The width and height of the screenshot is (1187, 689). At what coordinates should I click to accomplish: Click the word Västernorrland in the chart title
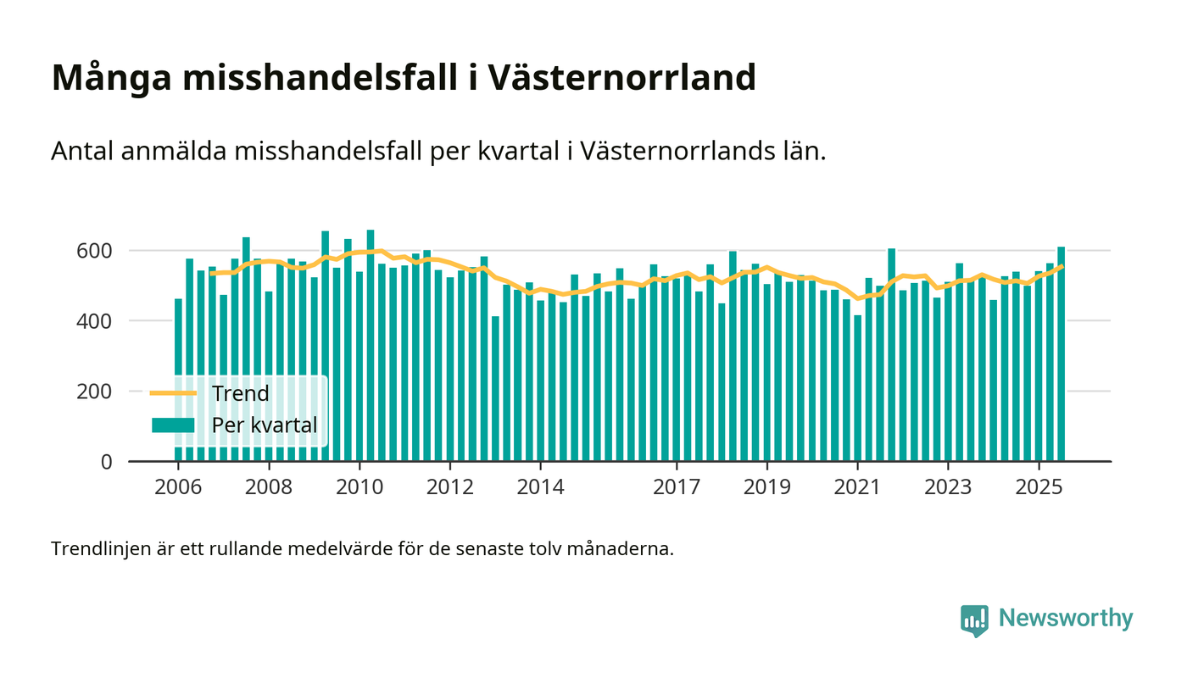click(x=622, y=78)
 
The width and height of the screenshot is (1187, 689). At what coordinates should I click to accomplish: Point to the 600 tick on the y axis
click(x=94, y=251)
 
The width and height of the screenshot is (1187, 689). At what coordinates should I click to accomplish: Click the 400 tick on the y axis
click(x=94, y=321)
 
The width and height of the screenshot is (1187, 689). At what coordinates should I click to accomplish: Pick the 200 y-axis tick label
click(x=94, y=392)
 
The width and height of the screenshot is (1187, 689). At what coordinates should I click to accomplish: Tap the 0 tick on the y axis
click(x=105, y=462)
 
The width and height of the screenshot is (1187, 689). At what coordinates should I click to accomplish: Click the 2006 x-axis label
click(x=178, y=488)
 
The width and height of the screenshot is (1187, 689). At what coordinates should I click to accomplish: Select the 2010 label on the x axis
click(x=359, y=488)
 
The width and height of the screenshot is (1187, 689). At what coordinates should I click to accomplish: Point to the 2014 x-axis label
click(x=540, y=488)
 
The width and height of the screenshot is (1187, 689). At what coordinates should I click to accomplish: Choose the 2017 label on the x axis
click(x=677, y=488)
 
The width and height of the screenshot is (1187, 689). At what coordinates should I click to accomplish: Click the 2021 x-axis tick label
click(x=857, y=488)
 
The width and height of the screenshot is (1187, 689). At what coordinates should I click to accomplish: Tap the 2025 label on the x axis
click(x=1039, y=488)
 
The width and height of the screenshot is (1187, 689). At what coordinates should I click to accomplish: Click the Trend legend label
click(x=240, y=393)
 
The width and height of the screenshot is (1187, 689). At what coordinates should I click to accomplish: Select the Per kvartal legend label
click(x=265, y=425)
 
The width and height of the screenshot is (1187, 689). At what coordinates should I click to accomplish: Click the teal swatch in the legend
click(x=173, y=425)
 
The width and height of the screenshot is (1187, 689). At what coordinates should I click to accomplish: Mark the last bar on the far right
click(x=1061, y=356)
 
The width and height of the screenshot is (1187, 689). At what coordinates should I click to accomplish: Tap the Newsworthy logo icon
click(x=974, y=620)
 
